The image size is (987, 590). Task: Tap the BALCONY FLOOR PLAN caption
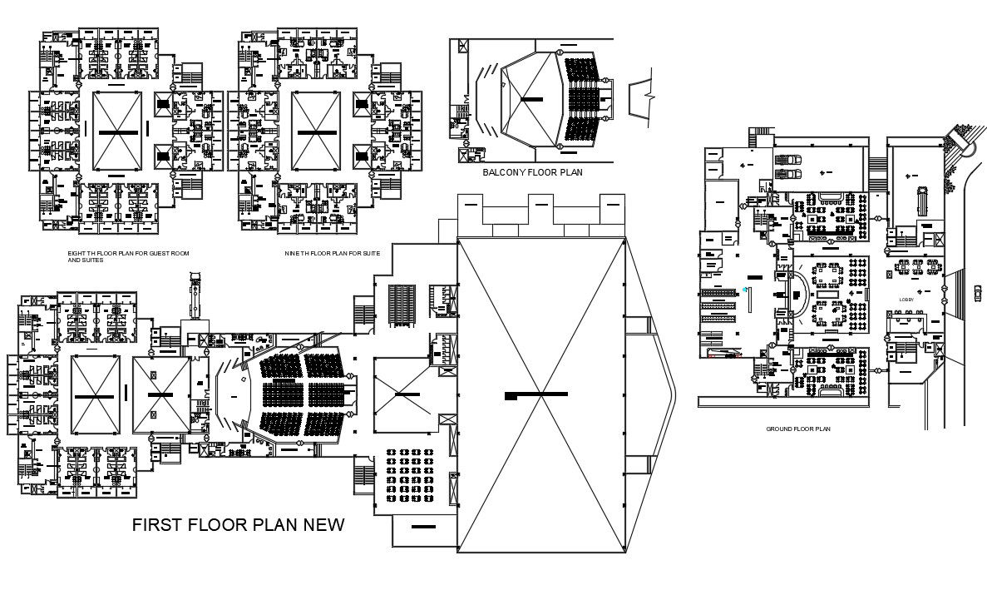click(532, 173)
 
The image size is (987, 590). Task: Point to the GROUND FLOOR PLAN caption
click(797, 429)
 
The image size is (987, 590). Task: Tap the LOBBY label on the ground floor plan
click(906, 300)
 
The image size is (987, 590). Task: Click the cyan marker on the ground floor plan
click(745, 289)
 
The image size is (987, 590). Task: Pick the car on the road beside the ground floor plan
click(978, 291)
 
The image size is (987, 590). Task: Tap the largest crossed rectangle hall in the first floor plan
click(541, 394)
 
